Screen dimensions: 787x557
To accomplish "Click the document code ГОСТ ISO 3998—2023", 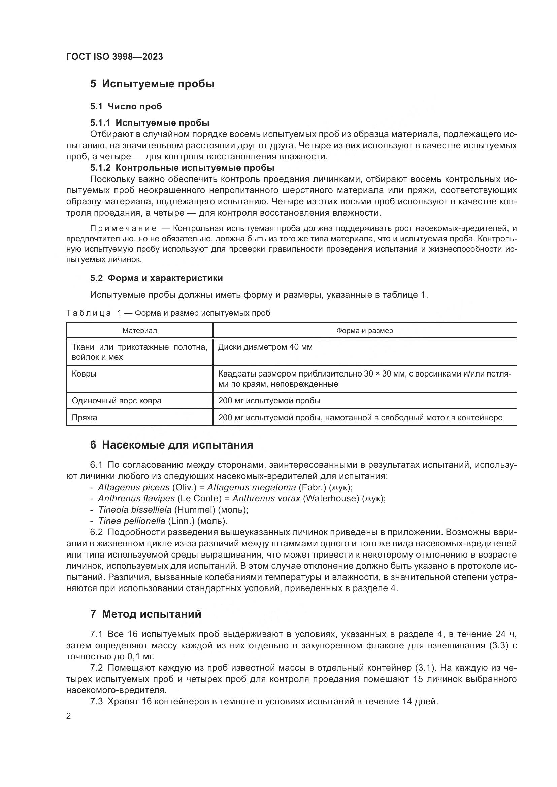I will (114, 57).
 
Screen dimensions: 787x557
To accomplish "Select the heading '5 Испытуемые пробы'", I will (152, 84).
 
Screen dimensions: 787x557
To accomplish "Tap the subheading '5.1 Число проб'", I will (126, 106).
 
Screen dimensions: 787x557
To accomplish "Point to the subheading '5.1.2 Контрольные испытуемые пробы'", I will (182, 168).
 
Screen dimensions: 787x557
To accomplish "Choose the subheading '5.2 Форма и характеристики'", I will (156, 278).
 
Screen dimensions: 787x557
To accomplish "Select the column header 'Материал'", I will (140, 331).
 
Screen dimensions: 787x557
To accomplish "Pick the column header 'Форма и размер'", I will (365, 331).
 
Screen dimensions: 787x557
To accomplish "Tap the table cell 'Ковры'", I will (84, 373).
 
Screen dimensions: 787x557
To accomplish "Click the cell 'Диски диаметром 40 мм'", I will (265, 347).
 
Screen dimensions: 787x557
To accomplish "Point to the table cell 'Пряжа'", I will (85, 418).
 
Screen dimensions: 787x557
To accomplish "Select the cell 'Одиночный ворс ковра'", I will (116, 401).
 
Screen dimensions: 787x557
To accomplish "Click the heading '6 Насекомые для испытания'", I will (171, 445).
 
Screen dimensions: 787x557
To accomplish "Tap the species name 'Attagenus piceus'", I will (134, 487).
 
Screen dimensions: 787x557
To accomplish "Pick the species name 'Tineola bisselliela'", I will (135, 510).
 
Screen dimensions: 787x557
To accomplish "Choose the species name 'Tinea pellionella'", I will (132, 521).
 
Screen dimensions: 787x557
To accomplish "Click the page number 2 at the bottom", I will (69, 716).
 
